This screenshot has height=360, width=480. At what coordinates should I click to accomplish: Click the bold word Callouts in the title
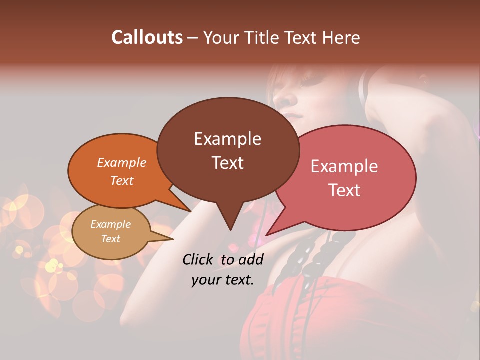147,37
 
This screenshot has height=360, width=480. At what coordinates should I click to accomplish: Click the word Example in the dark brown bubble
228,139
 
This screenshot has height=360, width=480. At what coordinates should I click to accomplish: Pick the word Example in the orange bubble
121,163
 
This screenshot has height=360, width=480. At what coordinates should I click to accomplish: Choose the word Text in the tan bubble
111,239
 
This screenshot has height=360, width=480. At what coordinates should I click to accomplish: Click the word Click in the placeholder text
198,259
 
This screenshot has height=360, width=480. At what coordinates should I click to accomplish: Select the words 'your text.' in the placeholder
222,280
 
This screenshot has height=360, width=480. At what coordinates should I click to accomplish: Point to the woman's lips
294,116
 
